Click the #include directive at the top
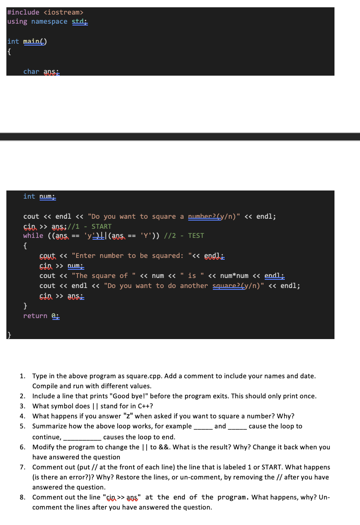[23, 12]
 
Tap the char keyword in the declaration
[31, 72]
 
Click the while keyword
[33, 236]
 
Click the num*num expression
[234, 276]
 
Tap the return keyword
[35, 316]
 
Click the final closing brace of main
[9, 335]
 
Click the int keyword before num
[29, 196]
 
